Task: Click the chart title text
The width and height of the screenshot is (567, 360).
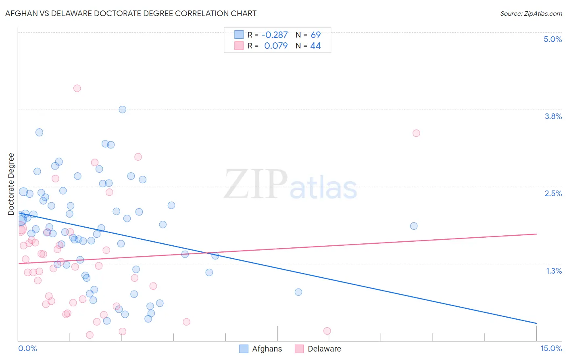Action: (131, 13)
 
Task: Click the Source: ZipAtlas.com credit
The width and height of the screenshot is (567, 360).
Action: (531, 13)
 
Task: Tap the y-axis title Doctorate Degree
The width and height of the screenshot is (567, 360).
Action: (11, 184)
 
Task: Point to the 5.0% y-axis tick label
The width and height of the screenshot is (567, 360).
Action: (552, 39)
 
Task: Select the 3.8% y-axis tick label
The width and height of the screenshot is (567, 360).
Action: (553, 116)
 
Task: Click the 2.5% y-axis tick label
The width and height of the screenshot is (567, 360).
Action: (553, 193)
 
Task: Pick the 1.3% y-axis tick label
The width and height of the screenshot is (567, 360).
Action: (554, 271)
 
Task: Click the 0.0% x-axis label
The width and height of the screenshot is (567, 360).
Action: (27, 348)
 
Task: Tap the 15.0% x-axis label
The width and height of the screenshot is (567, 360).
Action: (551, 348)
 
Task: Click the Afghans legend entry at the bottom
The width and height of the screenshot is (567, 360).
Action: (267, 349)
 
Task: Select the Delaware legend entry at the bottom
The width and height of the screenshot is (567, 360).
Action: (324, 349)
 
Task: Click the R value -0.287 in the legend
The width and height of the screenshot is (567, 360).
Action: (275, 35)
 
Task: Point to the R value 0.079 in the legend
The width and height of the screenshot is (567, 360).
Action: (276, 46)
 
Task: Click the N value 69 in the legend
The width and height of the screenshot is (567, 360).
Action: (316, 35)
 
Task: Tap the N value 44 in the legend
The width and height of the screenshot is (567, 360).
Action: (315, 46)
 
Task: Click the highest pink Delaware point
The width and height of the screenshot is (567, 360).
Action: (77, 88)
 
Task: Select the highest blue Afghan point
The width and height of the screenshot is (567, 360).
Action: (122, 109)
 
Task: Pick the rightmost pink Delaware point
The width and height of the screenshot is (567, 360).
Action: (416, 133)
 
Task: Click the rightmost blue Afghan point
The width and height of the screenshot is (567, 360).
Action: (413, 226)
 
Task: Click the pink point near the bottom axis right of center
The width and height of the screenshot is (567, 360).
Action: (327, 331)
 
